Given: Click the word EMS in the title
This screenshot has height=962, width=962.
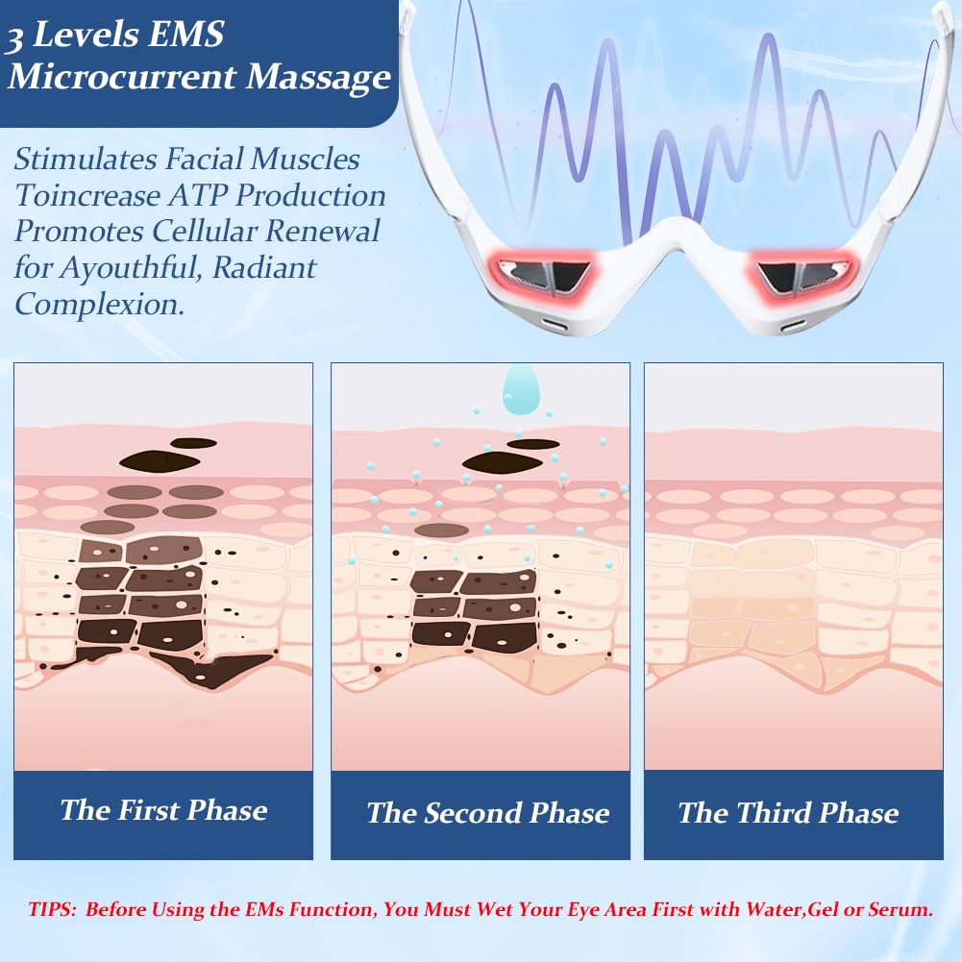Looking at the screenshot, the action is tap(185, 34).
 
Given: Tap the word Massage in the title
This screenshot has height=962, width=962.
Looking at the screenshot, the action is tap(318, 77).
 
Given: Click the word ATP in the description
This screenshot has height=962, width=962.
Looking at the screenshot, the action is tap(198, 196).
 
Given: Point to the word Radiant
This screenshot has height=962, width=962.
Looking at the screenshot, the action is tap(264, 267).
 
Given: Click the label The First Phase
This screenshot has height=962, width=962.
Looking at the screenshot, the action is tap(163, 810).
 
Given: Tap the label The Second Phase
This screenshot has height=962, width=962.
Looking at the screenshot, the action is tap(488, 813).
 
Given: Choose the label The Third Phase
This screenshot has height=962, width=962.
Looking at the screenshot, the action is tap(788, 813).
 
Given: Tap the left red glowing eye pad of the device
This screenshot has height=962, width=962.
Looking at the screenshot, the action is tap(541, 275).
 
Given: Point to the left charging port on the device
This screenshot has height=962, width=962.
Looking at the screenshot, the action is tap(555, 325).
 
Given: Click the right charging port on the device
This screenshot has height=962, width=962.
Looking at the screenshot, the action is tap(792, 326).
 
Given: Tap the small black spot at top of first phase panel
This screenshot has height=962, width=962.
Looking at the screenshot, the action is tap(194, 443).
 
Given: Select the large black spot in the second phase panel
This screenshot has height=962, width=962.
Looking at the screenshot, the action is tap(502, 462).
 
